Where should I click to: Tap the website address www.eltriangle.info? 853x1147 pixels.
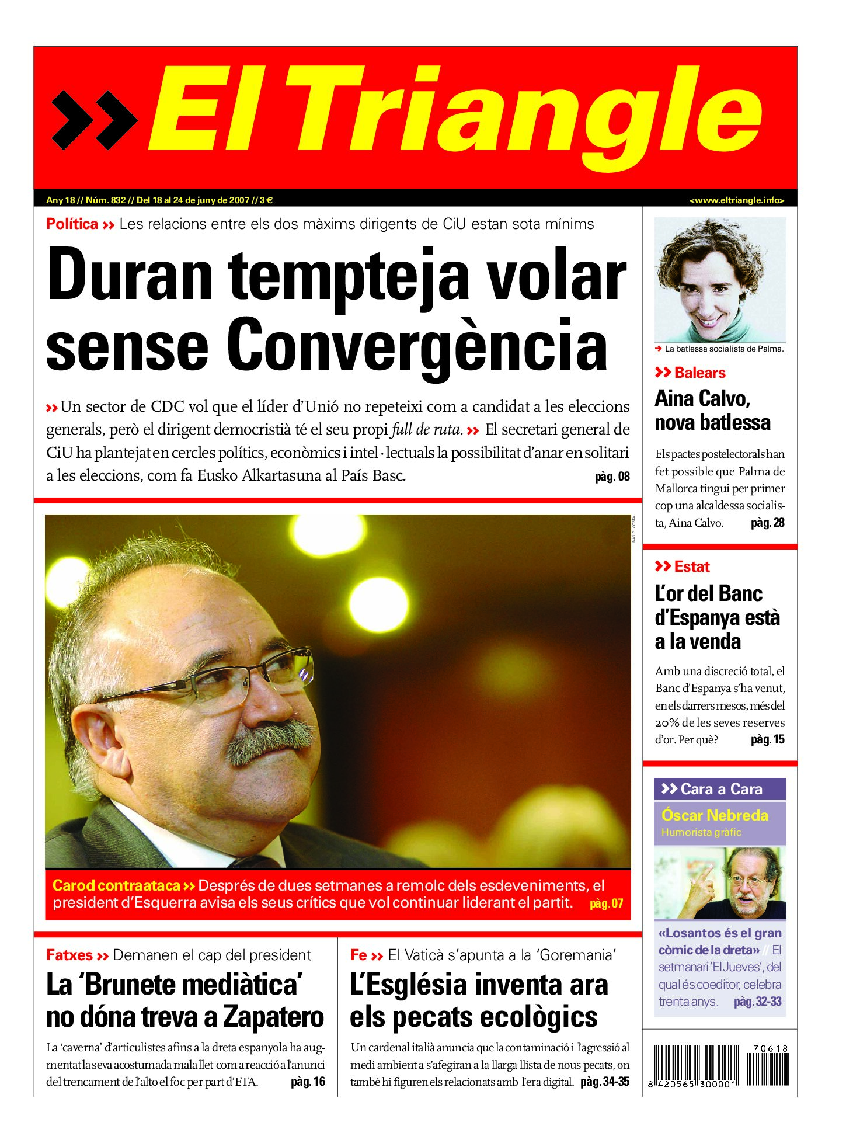click(736, 200)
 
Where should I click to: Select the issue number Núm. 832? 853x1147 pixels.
click(106, 200)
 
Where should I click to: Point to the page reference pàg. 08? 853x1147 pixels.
click(612, 477)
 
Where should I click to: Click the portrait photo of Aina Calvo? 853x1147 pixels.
click(719, 280)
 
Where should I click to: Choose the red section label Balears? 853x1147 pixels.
click(699, 373)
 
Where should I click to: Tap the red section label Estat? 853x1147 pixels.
click(691, 566)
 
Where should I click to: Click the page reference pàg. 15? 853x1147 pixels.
click(767, 739)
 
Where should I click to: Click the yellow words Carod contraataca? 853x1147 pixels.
click(116, 885)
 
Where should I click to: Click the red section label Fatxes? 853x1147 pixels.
click(69, 955)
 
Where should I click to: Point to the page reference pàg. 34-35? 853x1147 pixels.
click(604, 1082)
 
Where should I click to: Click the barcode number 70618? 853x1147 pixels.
click(770, 1048)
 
